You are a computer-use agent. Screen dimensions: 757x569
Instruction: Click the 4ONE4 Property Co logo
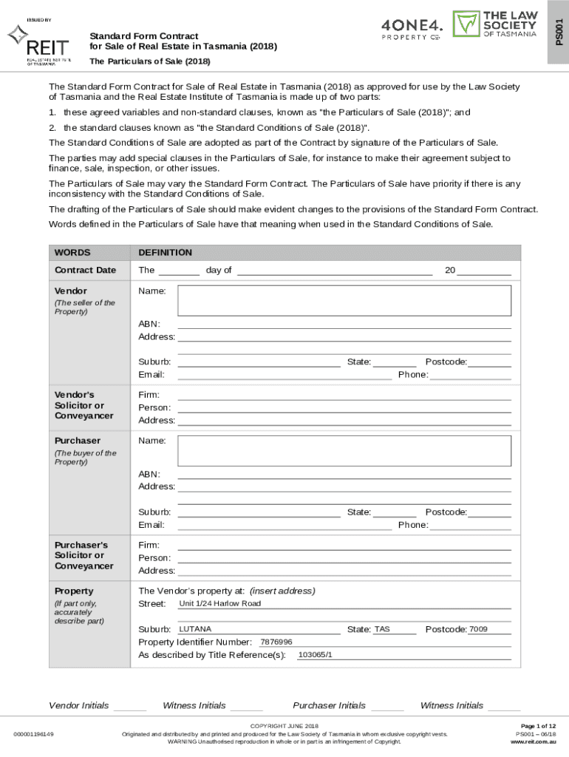[x=412, y=27]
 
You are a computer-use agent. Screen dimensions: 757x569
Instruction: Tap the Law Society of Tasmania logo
[x=494, y=24]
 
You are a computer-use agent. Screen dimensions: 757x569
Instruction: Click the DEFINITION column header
[x=165, y=253]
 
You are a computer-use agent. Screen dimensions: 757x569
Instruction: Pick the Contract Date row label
[x=85, y=271]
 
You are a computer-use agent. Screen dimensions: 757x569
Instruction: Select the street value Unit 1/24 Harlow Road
[x=220, y=604]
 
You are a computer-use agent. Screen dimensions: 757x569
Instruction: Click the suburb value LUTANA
[x=195, y=629]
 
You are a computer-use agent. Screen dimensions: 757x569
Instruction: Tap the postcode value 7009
[x=478, y=629]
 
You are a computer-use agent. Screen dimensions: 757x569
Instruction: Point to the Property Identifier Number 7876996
[x=276, y=642]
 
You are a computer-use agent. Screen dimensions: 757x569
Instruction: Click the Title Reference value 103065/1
[x=315, y=655]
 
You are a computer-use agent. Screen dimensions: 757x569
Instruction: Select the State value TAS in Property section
[x=382, y=629]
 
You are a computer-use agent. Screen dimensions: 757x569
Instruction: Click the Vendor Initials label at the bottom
[x=78, y=705]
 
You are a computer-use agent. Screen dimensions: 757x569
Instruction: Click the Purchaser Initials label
[x=329, y=705]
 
